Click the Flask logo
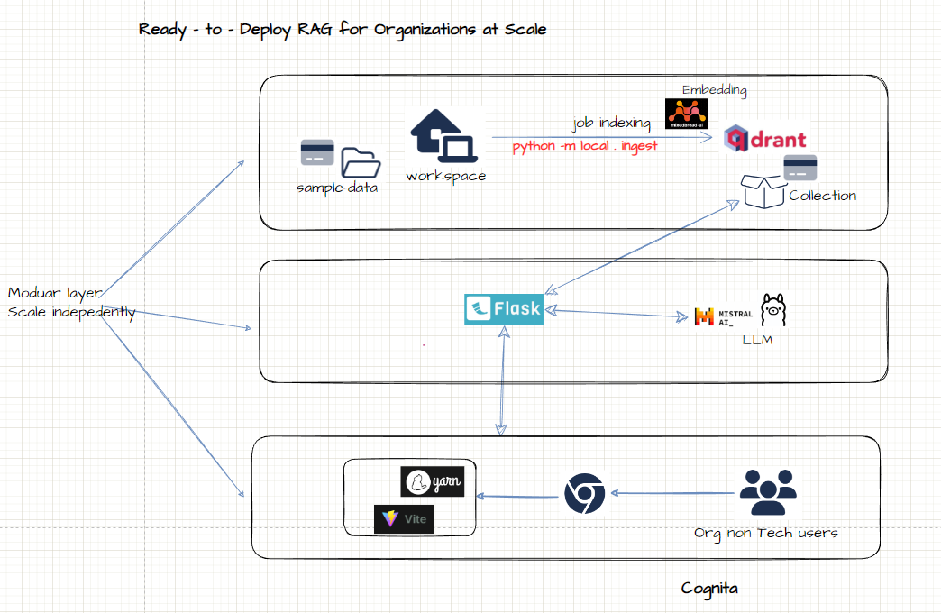[504, 308]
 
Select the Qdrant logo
[766, 140]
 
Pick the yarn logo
[432, 481]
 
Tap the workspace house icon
[445, 138]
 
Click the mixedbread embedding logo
[686, 114]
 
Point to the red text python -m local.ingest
[585, 146]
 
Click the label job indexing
[611, 124]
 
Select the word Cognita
[710, 589]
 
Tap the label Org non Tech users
[765, 533]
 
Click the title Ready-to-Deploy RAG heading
[343, 29]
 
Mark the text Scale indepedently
[71, 313]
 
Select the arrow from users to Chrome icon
[671, 493]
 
